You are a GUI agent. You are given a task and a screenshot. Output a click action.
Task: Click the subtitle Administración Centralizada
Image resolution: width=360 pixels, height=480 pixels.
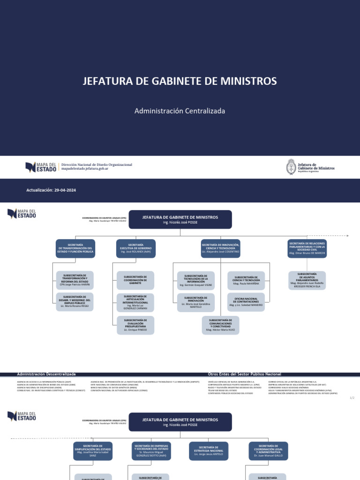point(180,111)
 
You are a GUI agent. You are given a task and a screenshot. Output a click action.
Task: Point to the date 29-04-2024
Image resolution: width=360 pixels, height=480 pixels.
point(65,190)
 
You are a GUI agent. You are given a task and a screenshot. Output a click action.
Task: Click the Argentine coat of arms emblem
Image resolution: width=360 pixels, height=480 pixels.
point(291,166)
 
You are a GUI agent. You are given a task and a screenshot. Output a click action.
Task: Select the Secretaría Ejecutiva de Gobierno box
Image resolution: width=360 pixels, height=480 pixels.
point(136,248)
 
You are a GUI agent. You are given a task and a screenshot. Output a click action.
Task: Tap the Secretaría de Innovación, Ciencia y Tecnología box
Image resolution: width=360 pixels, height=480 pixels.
point(220,248)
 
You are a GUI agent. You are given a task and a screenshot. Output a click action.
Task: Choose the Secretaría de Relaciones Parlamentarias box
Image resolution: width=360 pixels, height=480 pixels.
point(307,248)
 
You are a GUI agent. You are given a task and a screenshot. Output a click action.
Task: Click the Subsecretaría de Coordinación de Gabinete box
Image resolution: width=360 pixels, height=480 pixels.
point(135,280)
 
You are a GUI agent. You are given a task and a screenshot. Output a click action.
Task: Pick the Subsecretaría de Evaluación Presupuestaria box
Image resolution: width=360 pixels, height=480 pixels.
point(135,325)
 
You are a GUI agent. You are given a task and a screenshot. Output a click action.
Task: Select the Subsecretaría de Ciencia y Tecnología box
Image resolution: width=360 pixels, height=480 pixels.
point(246,281)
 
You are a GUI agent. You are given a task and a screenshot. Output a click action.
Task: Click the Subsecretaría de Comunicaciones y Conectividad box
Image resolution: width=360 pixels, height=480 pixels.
point(221,325)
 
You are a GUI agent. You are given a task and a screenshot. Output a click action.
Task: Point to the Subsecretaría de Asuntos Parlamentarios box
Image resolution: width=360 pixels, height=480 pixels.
point(307,280)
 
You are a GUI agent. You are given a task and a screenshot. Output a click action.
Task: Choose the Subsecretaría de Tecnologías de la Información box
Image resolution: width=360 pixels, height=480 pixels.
point(196,280)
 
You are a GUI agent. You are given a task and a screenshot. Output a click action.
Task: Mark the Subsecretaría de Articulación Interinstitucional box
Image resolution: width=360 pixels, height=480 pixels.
point(135,302)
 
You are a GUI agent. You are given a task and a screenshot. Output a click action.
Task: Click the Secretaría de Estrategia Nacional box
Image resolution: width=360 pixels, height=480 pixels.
point(209,450)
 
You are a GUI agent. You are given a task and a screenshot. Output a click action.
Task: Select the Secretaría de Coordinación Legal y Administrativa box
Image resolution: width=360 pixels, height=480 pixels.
point(269,450)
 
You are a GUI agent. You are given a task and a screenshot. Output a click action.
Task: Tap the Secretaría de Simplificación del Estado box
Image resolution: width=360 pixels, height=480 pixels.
point(93,450)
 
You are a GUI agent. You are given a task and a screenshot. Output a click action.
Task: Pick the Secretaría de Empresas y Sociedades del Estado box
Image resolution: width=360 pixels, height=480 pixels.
point(151,450)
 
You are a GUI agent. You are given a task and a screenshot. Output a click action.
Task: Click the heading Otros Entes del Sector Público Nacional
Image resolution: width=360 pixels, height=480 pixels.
point(244,374)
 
